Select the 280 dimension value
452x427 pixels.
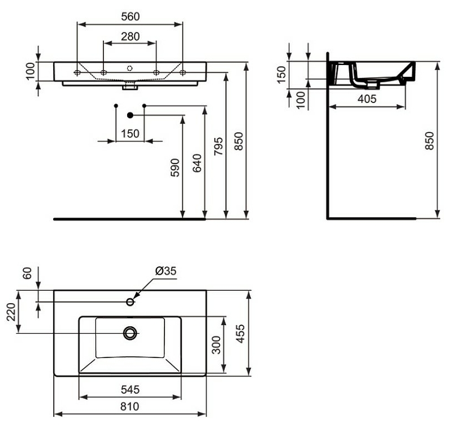pyautogui.click(x=130, y=36)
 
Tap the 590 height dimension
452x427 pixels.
pyautogui.click(x=175, y=168)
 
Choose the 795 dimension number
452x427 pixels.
pyautogui.click(x=218, y=146)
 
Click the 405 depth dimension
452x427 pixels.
pyautogui.click(x=367, y=98)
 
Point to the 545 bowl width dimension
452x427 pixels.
pyautogui.click(x=130, y=390)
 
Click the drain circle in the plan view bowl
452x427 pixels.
pyautogui.click(x=131, y=333)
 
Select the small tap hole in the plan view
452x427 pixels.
pyautogui.click(x=131, y=301)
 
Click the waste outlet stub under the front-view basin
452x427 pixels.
pyautogui.click(x=130, y=87)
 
